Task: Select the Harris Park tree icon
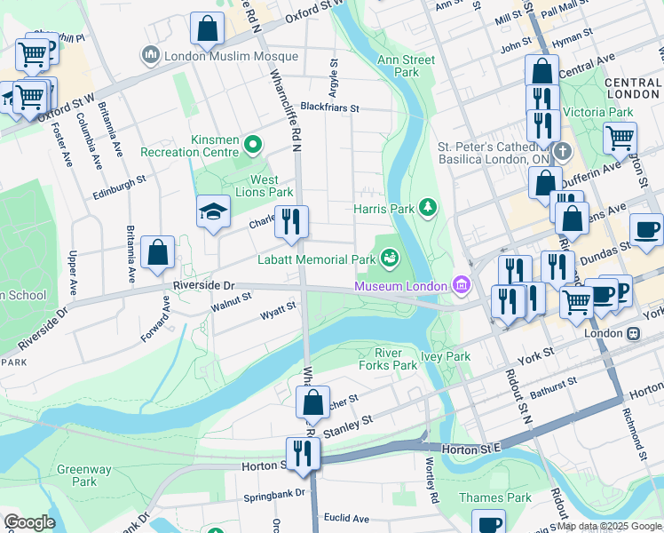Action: (x=429, y=208)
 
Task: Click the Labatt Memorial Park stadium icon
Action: (x=388, y=259)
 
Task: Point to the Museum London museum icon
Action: (x=461, y=285)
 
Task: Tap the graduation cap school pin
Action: (x=211, y=213)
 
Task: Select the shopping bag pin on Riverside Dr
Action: (x=157, y=252)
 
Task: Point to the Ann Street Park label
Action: (x=406, y=66)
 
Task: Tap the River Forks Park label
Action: (x=388, y=358)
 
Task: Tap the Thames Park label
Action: (x=494, y=497)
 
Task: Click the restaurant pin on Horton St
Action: (x=303, y=453)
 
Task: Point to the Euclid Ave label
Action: (x=347, y=518)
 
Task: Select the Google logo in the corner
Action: (x=29, y=522)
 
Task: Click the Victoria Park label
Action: (x=603, y=113)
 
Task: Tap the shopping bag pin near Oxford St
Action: (x=207, y=29)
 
